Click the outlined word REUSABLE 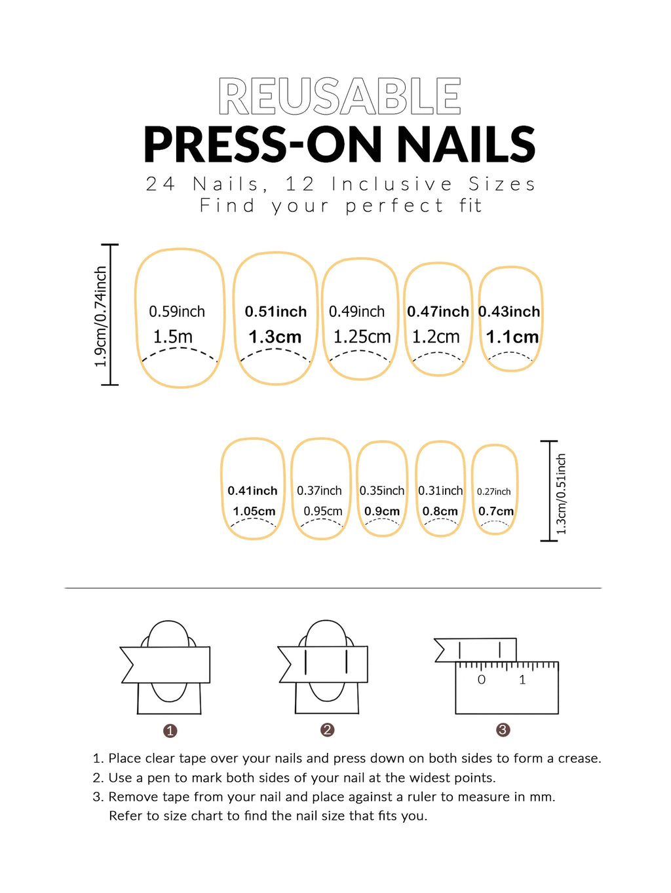[x=339, y=97]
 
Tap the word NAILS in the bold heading [x=467, y=145]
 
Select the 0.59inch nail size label [x=177, y=312]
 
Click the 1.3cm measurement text [x=275, y=337]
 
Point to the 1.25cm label [x=362, y=337]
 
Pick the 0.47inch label [x=438, y=312]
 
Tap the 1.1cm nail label [x=512, y=337]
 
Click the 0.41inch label [x=252, y=491]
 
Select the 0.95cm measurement [x=322, y=511]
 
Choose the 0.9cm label [x=382, y=511]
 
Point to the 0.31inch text [x=440, y=491]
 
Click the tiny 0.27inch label [x=493, y=492]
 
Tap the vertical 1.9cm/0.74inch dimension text [x=100, y=317]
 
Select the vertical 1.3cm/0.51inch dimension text [x=561, y=494]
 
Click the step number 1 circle [x=170, y=731]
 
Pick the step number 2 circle [x=328, y=730]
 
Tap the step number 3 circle [x=503, y=730]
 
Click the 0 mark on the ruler [x=482, y=680]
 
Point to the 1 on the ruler [x=522, y=680]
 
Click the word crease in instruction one [x=577, y=759]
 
